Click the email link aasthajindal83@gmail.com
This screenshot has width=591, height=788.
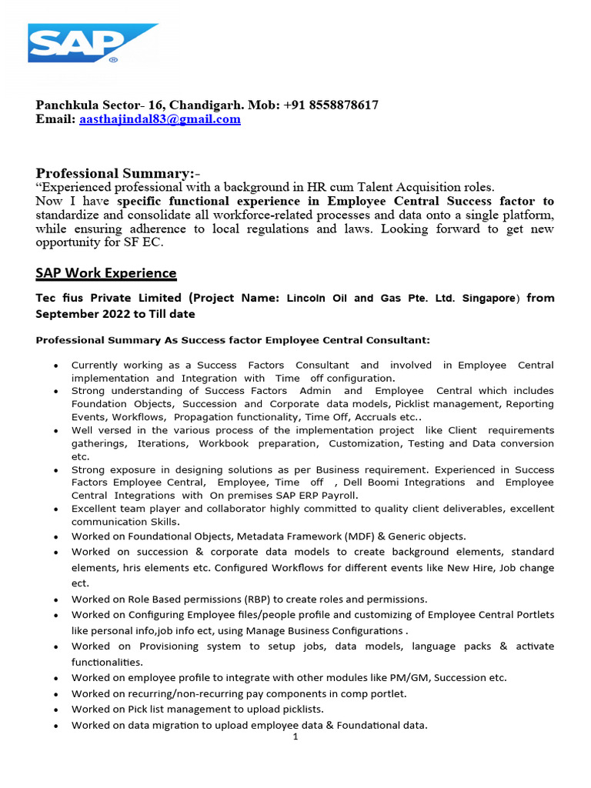(160, 119)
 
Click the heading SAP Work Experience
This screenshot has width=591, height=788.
(106, 273)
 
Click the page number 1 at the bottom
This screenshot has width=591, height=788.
(295, 737)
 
